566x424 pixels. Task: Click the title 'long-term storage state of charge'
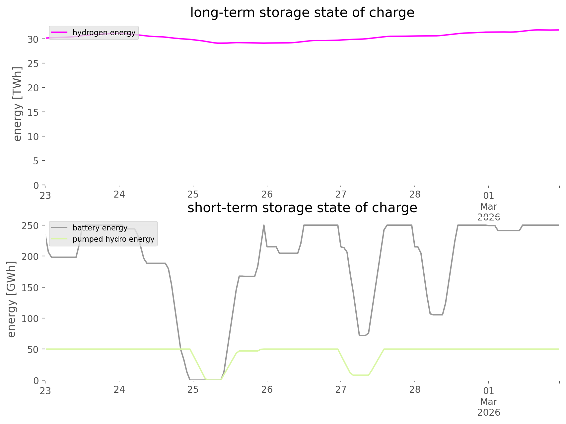coord(302,13)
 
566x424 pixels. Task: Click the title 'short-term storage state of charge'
coord(302,208)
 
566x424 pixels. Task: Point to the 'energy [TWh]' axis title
coord(17,104)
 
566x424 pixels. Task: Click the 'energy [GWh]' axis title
coord(12,299)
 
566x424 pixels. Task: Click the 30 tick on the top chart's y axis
coord(33,39)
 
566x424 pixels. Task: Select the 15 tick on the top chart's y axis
coord(33,112)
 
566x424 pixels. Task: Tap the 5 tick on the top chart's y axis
coord(35,161)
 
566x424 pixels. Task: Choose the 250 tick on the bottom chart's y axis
coord(31,226)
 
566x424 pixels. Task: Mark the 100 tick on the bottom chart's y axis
coord(31,318)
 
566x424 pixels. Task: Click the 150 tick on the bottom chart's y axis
coord(31,288)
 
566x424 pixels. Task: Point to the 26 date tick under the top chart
coord(267,195)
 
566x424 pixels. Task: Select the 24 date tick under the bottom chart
coord(119,390)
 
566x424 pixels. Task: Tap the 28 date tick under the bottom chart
coord(415,390)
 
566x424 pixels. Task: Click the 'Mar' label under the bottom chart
coord(488,402)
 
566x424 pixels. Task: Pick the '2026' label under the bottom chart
coord(488,413)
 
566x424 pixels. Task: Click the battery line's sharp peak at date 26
coord(264,225)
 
